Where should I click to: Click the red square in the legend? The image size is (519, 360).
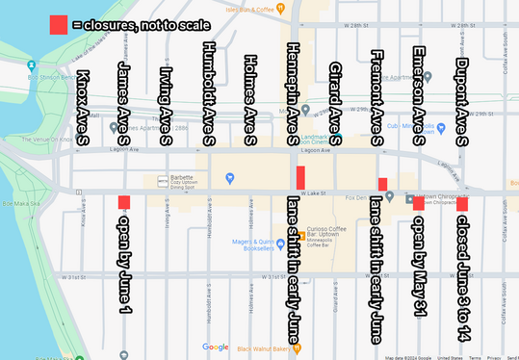pyautogui.click(x=59, y=25)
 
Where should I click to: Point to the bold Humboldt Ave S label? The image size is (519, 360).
pyautogui.click(x=208, y=94)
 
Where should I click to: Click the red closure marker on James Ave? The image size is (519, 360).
pyautogui.click(x=123, y=202)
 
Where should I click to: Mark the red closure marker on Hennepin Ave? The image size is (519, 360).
pyautogui.click(x=300, y=178)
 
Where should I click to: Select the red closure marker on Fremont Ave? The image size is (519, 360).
pyautogui.click(x=382, y=184)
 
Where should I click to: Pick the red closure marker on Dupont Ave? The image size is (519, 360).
pyautogui.click(x=462, y=203)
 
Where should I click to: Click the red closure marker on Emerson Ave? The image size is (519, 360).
pyautogui.click(x=418, y=202)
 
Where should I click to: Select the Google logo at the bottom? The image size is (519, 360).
pyautogui.click(x=216, y=347)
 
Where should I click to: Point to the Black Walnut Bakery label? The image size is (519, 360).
pyautogui.click(x=260, y=348)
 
